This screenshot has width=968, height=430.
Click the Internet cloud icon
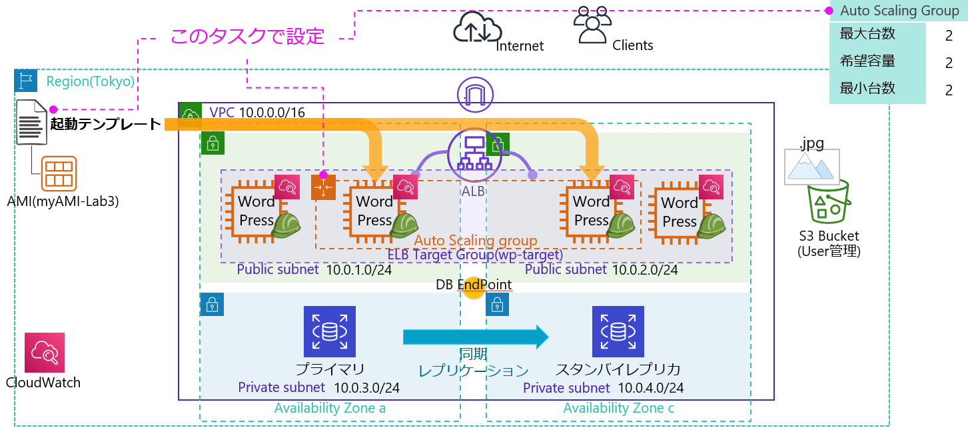point(476,28)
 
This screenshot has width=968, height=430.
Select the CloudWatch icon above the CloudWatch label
point(45,353)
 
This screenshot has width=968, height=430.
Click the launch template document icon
point(31,122)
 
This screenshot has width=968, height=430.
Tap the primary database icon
point(330,331)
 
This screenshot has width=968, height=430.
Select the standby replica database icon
point(618,331)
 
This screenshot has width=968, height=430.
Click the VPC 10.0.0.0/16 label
point(257,113)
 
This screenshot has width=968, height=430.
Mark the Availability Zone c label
point(618,408)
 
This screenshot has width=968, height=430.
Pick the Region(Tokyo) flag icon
point(26,81)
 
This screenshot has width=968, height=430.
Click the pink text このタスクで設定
point(247,37)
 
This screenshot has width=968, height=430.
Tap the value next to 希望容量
point(948,63)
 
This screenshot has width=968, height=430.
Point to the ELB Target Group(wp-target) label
point(475,255)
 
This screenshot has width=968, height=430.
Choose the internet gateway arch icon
point(474,93)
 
